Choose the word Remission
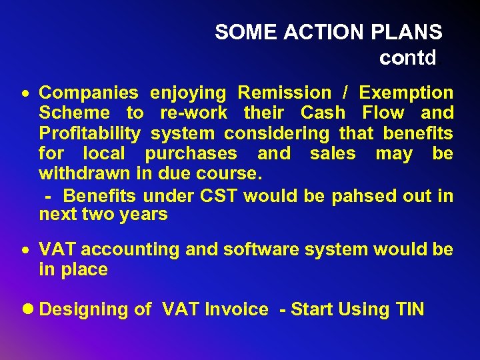(x=284, y=93)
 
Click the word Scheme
(x=74, y=113)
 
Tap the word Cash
(x=323, y=113)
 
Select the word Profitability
(x=90, y=133)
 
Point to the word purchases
(x=191, y=153)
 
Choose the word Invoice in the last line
(x=236, y=309)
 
